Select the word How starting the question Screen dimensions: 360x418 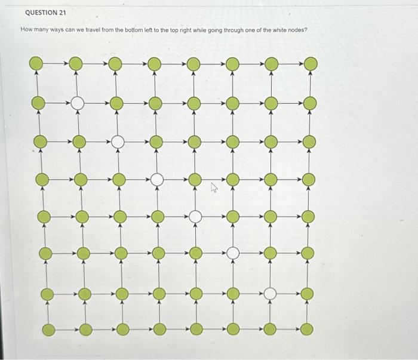pyautogui.click(x=27, y=30)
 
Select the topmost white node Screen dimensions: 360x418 pyautogui.click(x=77, y=103)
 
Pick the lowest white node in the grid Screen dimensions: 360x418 pyautogui.click(x=270, y=293)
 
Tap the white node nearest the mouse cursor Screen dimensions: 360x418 pyautogui.click(x=195, y=217)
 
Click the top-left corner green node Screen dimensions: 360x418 pyautogui.click(x=36, y=63)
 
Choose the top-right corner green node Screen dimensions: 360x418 pyautogui.click(x=309, y=63)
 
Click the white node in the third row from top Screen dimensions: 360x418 pyautogui.click(x=118, y=141)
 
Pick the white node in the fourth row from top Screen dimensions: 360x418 pyautogui.click(x=156, y=179)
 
